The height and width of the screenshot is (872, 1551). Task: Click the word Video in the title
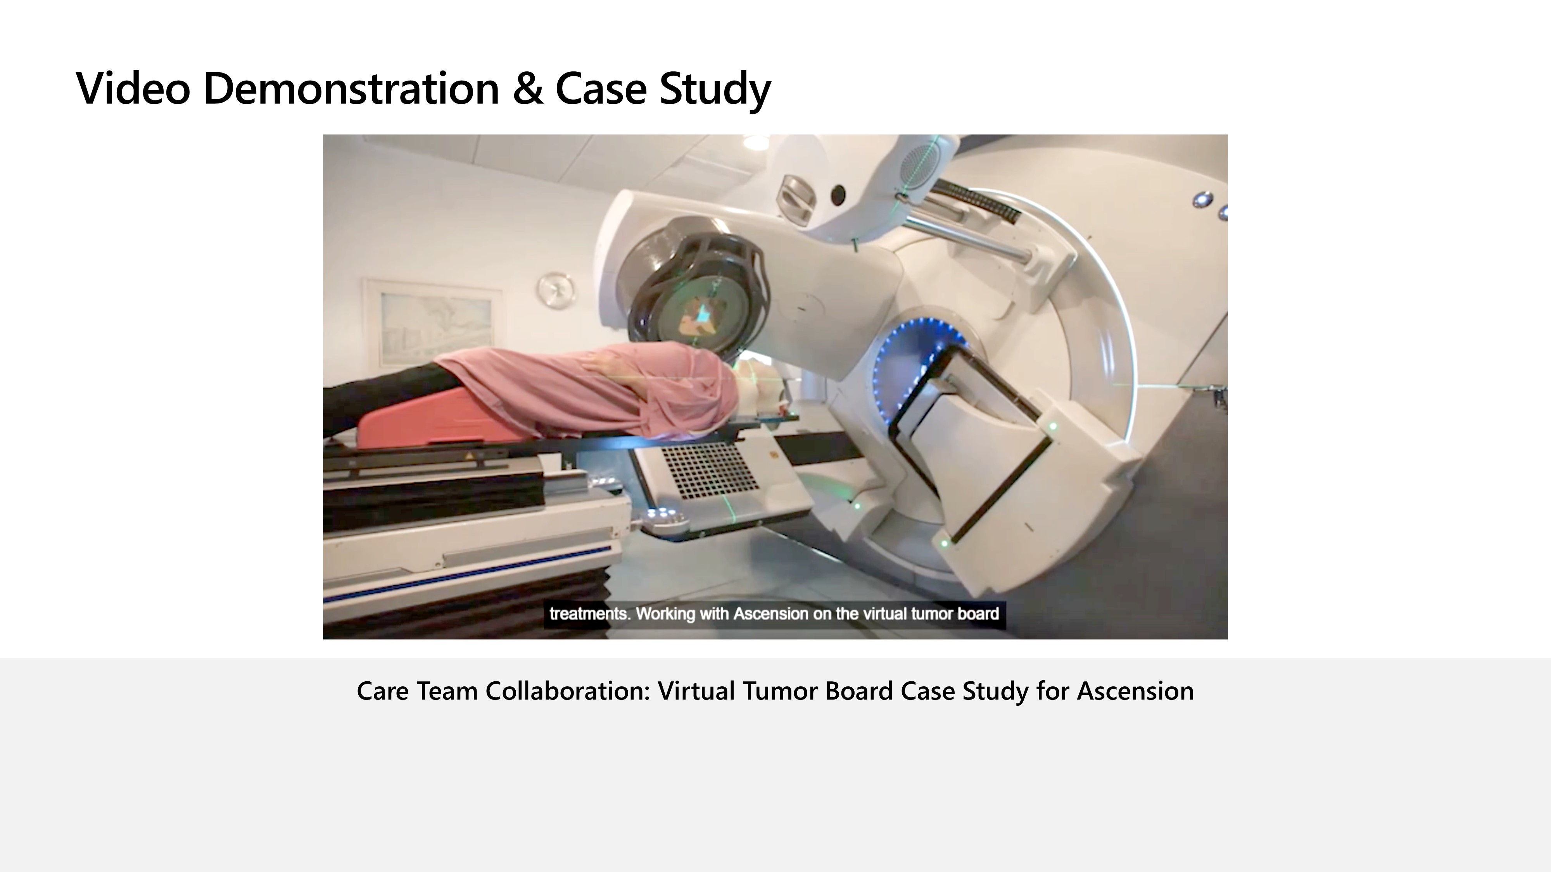click(x=133, y=88)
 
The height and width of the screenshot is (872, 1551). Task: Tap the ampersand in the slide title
click(x=527, y=88)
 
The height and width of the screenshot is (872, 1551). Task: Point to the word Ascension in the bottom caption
click(x=1135, y=691)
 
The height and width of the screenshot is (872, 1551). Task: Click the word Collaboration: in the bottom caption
click(x=567, y=691)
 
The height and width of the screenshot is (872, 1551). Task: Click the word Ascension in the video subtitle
click(x=771, y=614)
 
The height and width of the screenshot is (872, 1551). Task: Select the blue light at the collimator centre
click(x=703, y=313)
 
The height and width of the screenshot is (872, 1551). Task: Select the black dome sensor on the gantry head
click(x=838, y=194)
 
